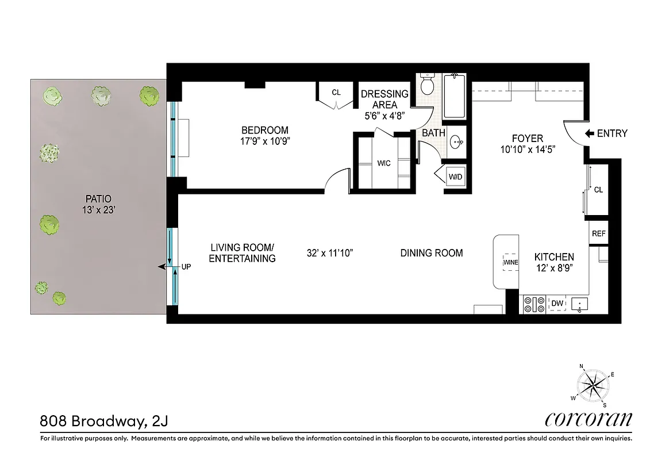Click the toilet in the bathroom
point(427,86)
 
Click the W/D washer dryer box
point(455,177)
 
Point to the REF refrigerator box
point(598,234)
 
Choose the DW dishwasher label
point(556,304)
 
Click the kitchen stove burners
point(534,304)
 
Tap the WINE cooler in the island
point(510,262)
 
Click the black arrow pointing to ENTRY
point(589,133)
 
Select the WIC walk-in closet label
point(384,164)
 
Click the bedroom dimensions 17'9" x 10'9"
point(264,141)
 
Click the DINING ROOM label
point(432,253)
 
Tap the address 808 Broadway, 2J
point(104,421)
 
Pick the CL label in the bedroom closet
point(336,92)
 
